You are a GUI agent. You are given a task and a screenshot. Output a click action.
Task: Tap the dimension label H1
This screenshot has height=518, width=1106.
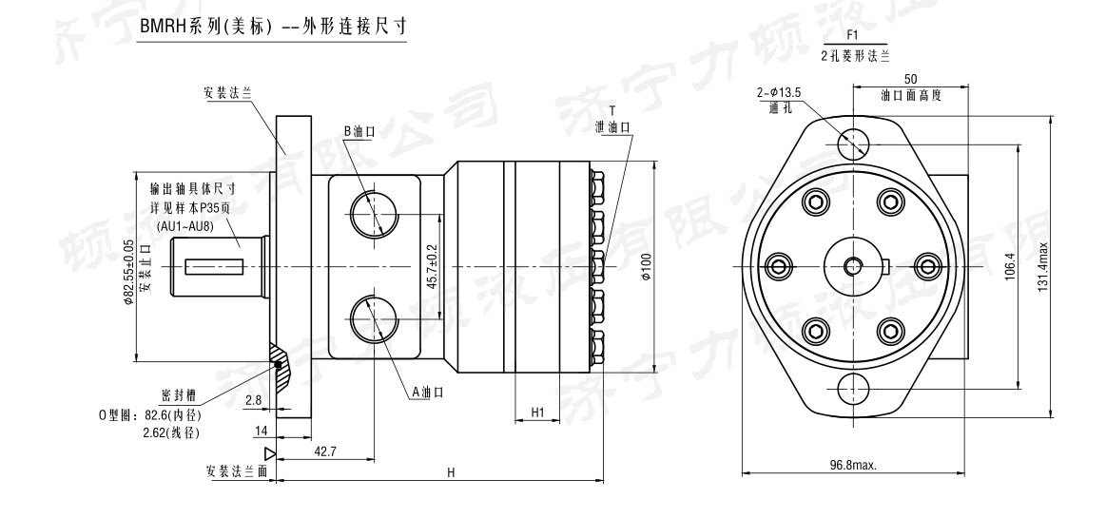[x=537, y=412]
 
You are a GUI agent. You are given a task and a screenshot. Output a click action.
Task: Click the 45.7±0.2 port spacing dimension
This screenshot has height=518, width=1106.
[x=433, y=267]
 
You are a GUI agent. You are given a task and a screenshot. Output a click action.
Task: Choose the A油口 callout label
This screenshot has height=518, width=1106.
[x=427, y=392]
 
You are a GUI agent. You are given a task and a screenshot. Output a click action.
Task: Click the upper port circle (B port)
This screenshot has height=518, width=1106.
[x=372, y=213]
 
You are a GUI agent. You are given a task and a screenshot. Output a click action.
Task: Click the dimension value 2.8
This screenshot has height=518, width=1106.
[x=253, y=401]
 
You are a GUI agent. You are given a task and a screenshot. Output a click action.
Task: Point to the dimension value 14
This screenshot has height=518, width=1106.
[x=260, y=431]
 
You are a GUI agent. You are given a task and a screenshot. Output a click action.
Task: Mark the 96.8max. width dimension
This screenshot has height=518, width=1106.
[x=853, y=465]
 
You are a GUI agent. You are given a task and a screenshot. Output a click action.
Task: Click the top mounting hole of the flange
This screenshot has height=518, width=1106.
[x=853, y=144]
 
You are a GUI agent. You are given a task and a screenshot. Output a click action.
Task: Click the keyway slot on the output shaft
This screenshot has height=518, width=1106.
[x=215, y=265]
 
